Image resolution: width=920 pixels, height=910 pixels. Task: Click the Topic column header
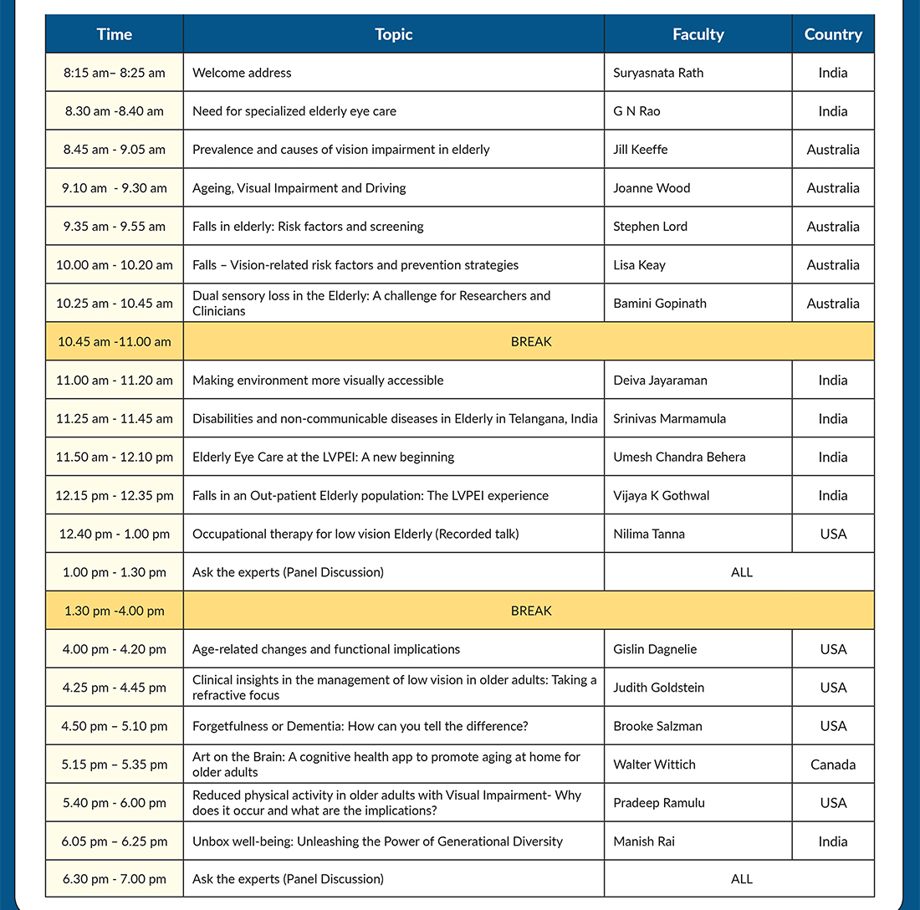[393, 34]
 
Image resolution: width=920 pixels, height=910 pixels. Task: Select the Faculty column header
[698, 34]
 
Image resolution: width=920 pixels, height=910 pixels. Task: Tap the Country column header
[833, 34]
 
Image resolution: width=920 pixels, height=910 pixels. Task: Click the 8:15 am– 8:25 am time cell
[115, 73]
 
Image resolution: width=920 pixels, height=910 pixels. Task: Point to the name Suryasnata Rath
[658, 73]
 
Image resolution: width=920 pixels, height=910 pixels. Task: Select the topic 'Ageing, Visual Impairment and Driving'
[299, 188]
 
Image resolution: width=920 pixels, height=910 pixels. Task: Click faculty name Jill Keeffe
[641, 150]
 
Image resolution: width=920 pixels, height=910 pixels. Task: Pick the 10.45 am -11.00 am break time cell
[115, 341]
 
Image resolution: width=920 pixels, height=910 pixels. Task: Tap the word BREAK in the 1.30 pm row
[531, 611]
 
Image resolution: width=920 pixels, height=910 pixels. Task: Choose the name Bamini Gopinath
[660, 304]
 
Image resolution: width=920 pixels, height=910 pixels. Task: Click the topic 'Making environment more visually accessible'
[318, 380]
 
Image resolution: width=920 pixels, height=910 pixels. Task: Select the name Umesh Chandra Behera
[679, 457]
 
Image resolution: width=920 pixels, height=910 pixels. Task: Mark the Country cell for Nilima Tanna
[833, 534]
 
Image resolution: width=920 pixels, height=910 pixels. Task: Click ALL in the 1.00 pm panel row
[741, 572]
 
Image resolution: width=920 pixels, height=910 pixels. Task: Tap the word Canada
[833, 764]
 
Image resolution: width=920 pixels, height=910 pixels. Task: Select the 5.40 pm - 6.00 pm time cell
[115, 803]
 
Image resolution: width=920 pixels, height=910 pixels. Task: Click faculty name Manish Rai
[644, 841]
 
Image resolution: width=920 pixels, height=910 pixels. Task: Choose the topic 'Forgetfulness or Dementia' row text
[360, 726]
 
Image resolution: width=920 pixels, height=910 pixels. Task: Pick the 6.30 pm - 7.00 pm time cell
[115, 879]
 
